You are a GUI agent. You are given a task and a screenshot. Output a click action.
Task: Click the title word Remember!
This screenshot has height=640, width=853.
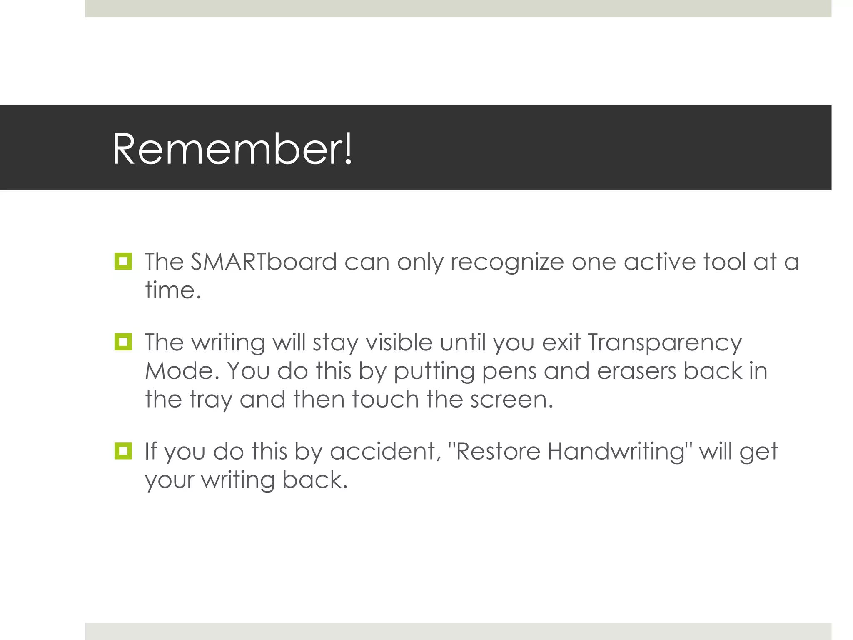232,149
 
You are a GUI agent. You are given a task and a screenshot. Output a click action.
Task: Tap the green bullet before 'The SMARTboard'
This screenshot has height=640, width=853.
123,261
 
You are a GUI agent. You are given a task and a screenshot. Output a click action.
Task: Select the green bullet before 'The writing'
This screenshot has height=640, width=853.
123,342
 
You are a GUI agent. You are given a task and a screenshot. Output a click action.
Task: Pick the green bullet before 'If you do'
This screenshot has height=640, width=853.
123,451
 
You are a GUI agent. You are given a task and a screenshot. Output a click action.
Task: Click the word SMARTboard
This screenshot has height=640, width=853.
264,262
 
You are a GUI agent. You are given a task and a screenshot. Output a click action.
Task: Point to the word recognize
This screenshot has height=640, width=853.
507,262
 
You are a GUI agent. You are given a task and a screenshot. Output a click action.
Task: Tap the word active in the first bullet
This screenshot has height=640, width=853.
659,262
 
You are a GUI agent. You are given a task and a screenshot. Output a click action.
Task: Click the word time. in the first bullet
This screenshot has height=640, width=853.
173,290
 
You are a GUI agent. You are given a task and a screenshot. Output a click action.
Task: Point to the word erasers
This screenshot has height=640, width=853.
636,371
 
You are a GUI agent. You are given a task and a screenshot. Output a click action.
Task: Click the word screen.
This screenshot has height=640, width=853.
511,400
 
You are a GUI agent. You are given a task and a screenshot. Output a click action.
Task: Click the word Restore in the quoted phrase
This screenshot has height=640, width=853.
498,451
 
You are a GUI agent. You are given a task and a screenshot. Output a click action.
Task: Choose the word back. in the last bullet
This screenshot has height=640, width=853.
315,480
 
